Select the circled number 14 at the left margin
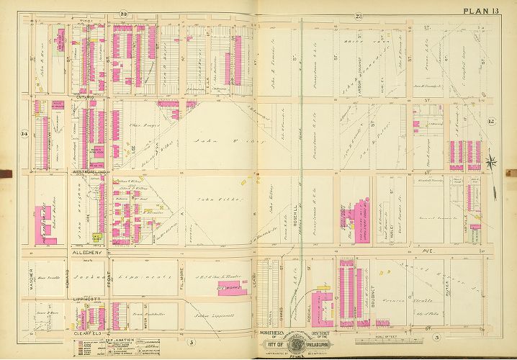click(24, 133)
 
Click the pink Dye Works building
click(228, 287)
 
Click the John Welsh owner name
click(216, 140)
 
